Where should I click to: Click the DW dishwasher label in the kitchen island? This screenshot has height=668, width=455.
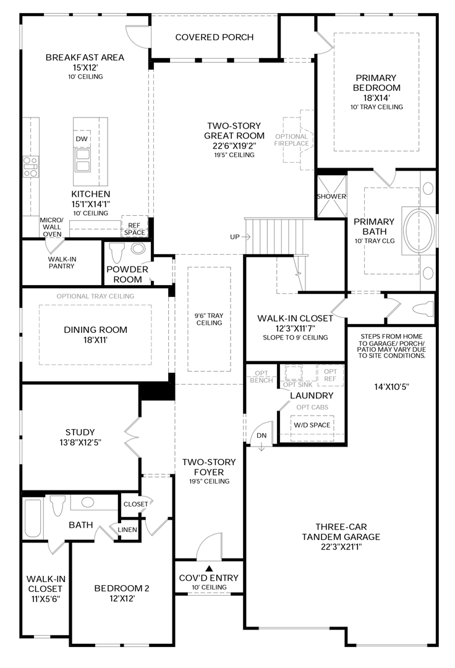[x=82, y=139]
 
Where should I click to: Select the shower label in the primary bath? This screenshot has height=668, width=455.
[x=331, y=197]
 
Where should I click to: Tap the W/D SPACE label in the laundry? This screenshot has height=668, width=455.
[x=312, y=426]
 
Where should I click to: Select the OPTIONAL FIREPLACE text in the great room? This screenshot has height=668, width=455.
[x=291, y=140]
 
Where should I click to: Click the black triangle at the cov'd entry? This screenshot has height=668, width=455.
[x=209, y=568]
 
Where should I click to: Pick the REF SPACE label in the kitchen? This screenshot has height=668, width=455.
[x=134, y=229]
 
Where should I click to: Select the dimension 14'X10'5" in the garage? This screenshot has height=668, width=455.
[x=391, y=387]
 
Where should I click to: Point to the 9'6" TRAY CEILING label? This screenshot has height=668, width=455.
[x=208, y=319]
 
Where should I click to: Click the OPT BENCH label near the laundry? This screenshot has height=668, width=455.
[x=262, y=377]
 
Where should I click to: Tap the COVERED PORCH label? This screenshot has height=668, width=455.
[x=214, y=37]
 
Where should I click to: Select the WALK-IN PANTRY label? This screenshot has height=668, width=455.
[x=62, y=262]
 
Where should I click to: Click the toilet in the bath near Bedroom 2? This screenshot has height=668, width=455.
[x=59, y=505]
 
